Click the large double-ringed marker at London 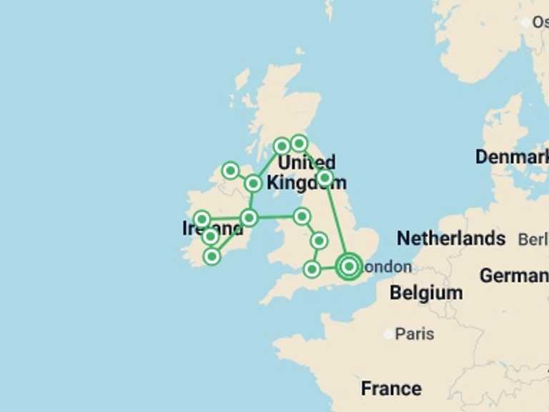(349, 266)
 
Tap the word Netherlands (451, 238)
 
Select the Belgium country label (426, 293)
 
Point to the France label (391, 388)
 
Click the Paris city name (415, 334)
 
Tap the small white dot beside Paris (388, 334)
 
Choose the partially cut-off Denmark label (512, 157)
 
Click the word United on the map (306, 162)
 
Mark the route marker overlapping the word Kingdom (325, 177)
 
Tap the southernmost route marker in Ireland (212, 255)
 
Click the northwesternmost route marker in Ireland (230, 170)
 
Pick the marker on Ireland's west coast (202, 219)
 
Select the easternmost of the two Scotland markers (300, 143)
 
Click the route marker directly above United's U (282, 146)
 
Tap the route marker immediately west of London (312, 269)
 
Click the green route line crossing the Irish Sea (275, 216)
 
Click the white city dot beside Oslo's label (526, 22)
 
